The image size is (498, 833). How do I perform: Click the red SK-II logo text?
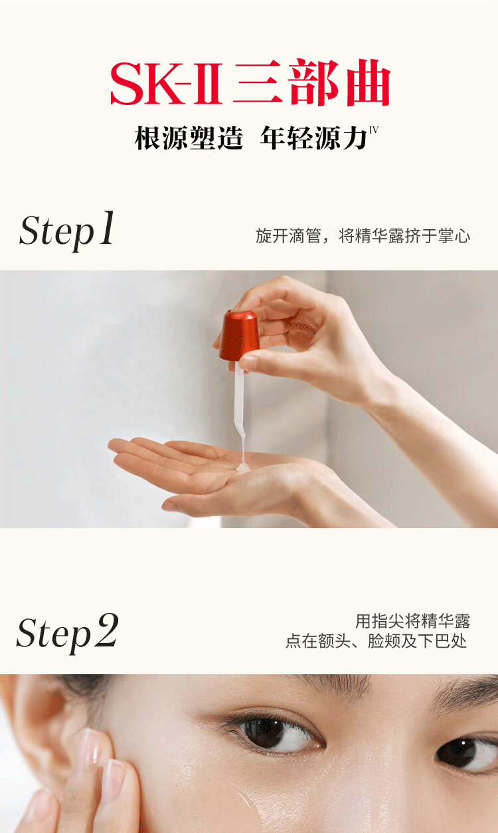(166, 84)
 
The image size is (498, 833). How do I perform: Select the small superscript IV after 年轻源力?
(374, 130)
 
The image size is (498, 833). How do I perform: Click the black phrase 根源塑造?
(189, 138)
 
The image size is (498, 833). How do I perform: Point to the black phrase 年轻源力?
(313, 138)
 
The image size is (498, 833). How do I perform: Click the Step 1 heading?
(66, 231)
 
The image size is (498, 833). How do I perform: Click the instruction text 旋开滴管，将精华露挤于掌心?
(363, 236)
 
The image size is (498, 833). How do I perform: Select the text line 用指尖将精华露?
(412, 621)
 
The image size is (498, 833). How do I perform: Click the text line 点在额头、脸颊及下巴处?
(376, 641)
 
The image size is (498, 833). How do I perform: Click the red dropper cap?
(239, 336)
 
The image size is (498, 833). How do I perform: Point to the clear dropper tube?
(240, 413)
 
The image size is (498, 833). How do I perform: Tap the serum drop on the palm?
(242, 468)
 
